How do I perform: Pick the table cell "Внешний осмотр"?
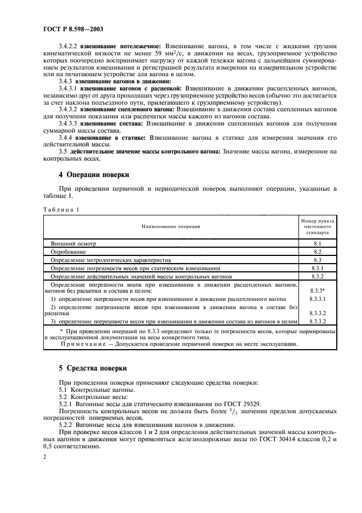[73, 242]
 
